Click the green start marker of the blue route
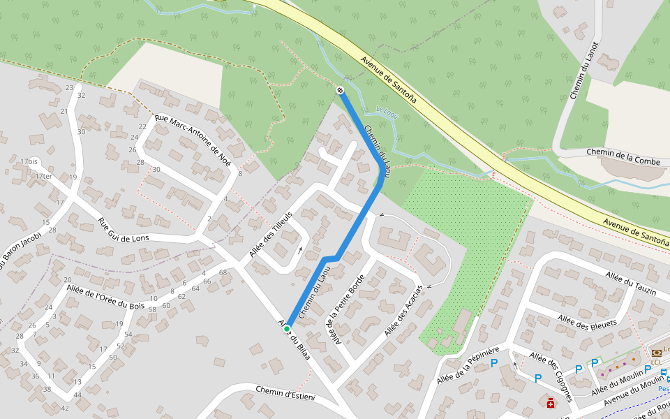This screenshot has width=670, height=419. tap(287, 328)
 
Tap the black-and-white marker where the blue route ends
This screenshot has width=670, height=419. tap(340, 90)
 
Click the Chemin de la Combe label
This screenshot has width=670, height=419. tap(623, 152)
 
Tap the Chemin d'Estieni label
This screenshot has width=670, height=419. tap(285, 393)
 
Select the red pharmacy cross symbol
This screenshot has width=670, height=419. tap(551, 404)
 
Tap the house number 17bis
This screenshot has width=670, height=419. tap(29, 161)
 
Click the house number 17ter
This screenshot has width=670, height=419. tap(43, 176)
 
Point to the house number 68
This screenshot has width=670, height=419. tap(223, 272)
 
